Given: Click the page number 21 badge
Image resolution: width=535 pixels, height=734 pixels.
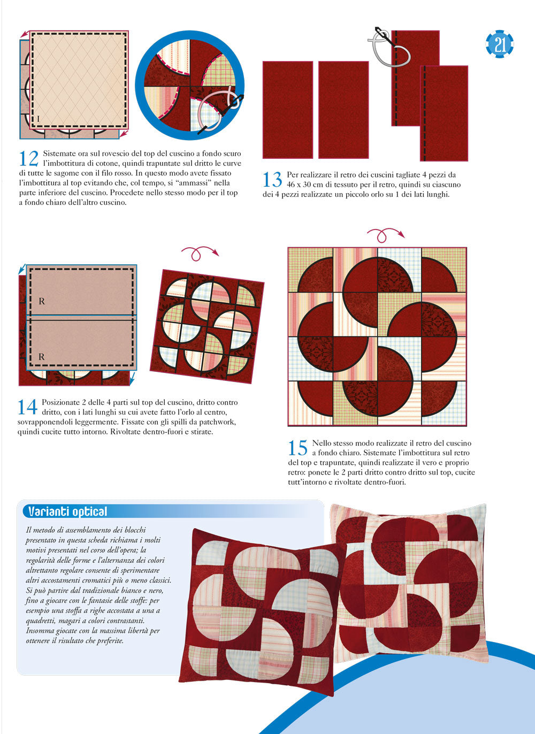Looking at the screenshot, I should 500,44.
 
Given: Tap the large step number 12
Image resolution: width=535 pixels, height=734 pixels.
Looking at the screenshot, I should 28,158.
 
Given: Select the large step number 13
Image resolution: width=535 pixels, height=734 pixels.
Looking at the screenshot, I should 272,180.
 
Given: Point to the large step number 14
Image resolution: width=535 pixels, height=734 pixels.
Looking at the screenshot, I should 27,407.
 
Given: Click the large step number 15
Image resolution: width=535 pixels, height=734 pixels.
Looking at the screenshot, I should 298,448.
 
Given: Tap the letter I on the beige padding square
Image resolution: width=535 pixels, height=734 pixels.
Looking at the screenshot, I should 38,118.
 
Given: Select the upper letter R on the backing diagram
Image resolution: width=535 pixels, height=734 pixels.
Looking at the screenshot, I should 42,301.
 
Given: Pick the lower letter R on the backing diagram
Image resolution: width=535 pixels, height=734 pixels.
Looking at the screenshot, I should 42,356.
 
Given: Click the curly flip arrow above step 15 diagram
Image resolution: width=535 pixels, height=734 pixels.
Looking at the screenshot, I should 385,234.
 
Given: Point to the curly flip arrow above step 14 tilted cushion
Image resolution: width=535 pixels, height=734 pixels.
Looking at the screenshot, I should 200,252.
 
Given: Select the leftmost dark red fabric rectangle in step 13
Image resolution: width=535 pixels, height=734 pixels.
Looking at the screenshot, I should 287,110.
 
